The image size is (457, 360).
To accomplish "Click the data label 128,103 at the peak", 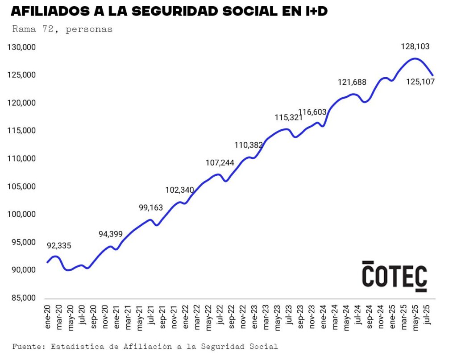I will pyautogui.click(x=415, y=46).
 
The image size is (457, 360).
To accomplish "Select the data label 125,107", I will pyautogui.click(x=420, y=82).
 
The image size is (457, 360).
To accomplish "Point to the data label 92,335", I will pyautogui.click(x=59, y=245).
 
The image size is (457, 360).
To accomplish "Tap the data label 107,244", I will pyautogui.click(x=220, y=163).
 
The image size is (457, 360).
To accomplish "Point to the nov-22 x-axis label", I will pyautogui.click(x=243, y=317).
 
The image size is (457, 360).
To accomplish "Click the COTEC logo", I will pyautogui.click(x=394, y=276).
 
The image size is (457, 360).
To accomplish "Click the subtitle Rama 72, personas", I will pyautogui.click(x=62, y=29).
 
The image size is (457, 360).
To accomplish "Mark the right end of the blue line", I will pyautogui.click(x=432, y=75).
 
